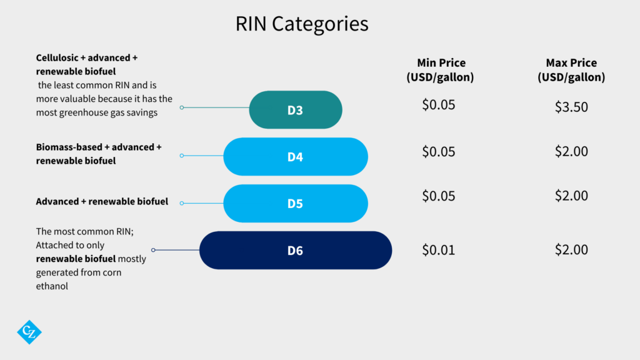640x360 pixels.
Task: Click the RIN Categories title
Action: click(x=302, y=24)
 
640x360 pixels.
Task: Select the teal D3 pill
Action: click(x=296, y=110)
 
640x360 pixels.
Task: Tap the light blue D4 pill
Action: click(x=296, y=157)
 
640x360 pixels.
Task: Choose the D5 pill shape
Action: click(x=296, y=203)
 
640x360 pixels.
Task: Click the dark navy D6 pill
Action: click(x=296, y=250)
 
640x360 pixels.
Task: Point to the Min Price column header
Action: click(x=441, y=70)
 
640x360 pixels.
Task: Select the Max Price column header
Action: click(x=571, y=70)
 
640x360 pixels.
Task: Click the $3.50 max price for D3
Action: click(x=571, y=107)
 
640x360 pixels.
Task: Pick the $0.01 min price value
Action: click(x=438, y=250)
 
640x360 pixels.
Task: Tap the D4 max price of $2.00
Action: click(x=571, y=151)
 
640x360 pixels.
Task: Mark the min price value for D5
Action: click(x=438, y=196)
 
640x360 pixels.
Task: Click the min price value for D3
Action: click(x=438, y=105)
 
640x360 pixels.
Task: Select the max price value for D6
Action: click(x=571, y=250)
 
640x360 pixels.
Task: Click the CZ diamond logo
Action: click(x=29, y=332)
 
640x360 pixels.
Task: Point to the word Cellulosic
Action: click(x=57, y=58)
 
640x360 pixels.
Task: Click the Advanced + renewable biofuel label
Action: click(x=102, y=202)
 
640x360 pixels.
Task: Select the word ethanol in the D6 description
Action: click(x=52, y=286)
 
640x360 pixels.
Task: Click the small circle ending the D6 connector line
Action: click(x=154, y=250)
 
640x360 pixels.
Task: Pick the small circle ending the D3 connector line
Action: click(x=182, y=107)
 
